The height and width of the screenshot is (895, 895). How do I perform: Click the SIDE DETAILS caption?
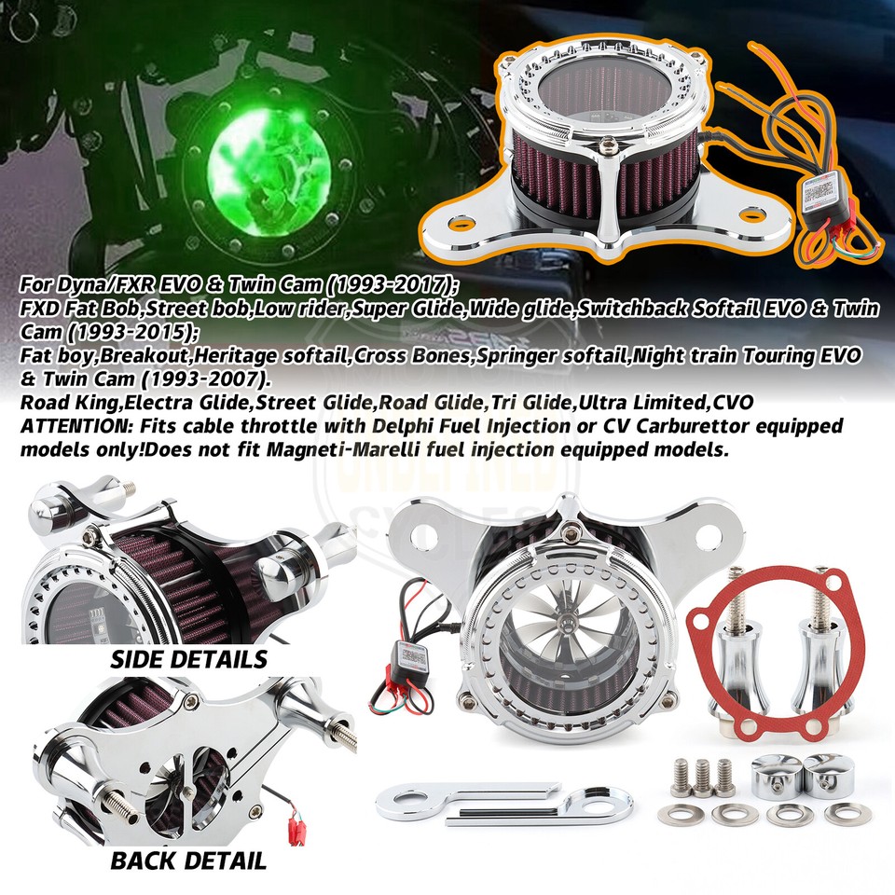coord(188,659)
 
